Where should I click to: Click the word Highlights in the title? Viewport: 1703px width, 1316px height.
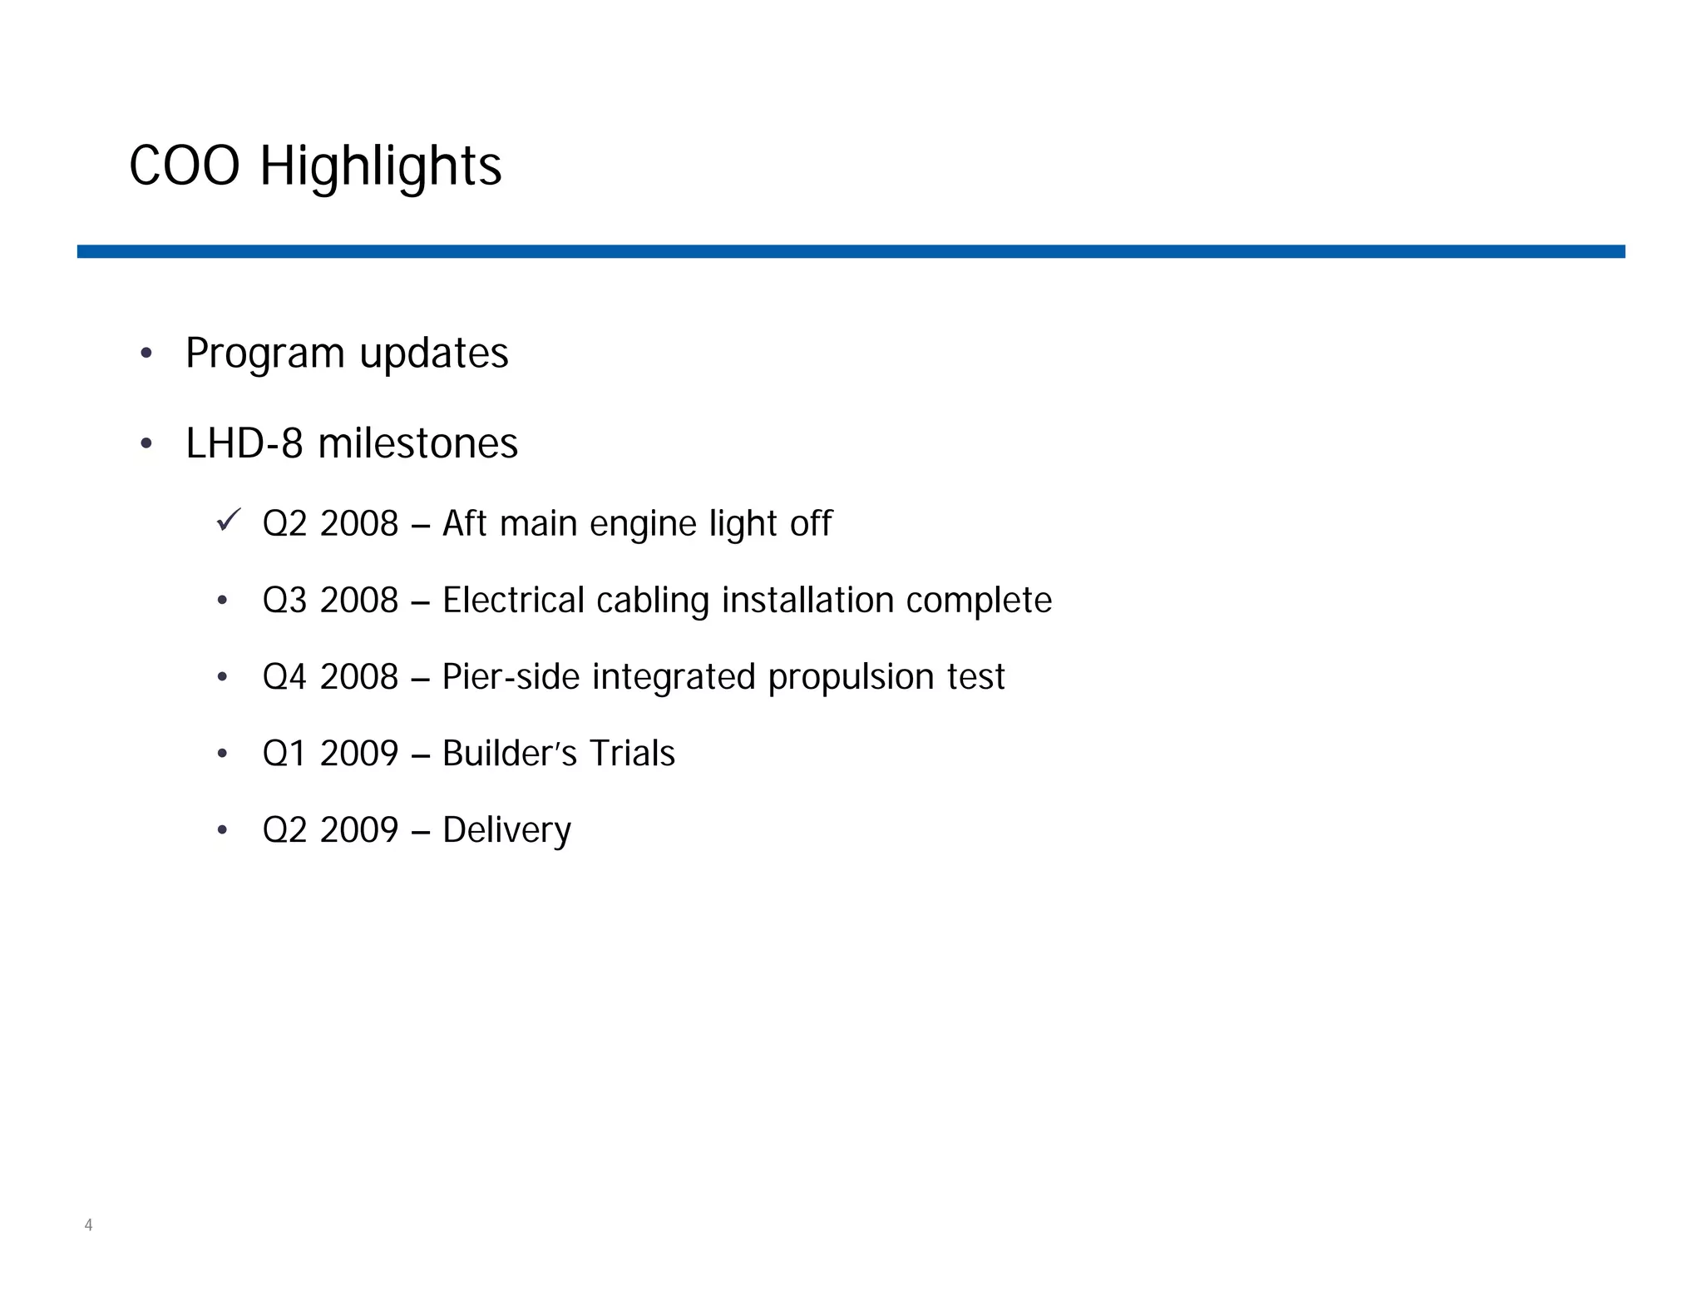point(380,166)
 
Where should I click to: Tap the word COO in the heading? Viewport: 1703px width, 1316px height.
point(185,166)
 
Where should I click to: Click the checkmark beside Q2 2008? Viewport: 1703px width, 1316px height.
point(228,520)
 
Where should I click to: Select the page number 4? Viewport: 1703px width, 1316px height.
point(88,1224)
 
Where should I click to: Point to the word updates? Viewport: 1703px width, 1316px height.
point(433,354)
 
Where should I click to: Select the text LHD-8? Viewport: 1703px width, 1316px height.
point(244,443)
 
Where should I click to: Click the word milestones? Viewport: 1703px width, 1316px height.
point(417,443)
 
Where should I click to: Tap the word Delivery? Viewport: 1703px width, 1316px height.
point(506,830)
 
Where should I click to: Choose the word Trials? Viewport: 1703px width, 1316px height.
point(632,754)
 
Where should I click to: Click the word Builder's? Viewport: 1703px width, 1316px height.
point(509,754)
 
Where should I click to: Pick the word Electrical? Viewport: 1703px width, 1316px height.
point(513,601)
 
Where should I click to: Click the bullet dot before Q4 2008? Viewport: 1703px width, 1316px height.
point(222,677)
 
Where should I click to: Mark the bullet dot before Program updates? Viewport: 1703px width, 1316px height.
point(146,354)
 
